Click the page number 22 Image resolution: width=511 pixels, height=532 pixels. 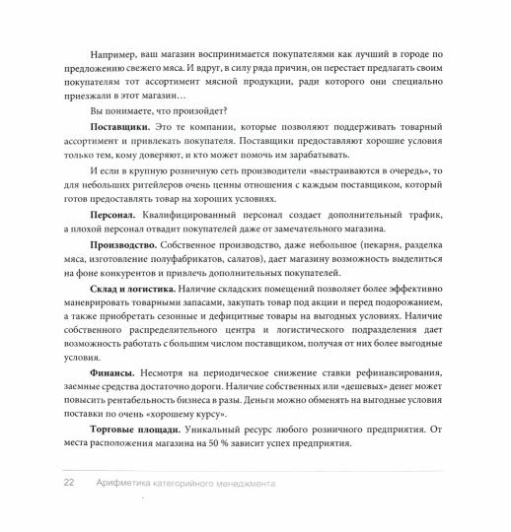coord(41,485)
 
